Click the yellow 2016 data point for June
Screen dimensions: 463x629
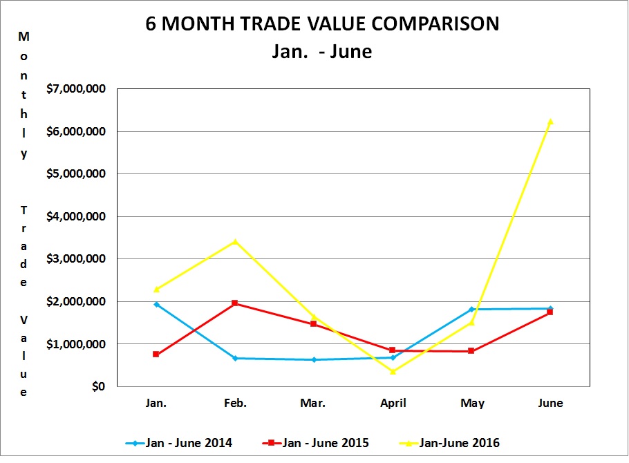pyautogui.click(x=550, y=122)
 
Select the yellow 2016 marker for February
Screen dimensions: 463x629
pyautogui.click(x=235, y=242)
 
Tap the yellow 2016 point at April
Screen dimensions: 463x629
pyautogui.click(x=393, y=371)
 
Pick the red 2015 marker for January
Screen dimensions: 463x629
pyautogui.click(x=156, y=354)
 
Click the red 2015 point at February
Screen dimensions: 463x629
pyautogui.click(x=235, y=303)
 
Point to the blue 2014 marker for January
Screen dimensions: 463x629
pyautogui.click(x=156, y=304)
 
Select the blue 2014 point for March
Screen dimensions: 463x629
pyautogui.click(x=314, y=359)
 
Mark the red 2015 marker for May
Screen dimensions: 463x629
pyautogui.click(x=471, y=351)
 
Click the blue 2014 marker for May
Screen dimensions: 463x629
pyautogui.click(x=471, y=309)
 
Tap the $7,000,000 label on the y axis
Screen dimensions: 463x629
pyautogui.click(x=76, y=88)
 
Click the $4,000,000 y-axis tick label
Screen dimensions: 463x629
pyautogui.click(x=76, y=216)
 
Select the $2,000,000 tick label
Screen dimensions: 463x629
pyautogui.click(x=76, y=301)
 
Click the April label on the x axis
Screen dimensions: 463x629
pyautogui.click(x=393, y=403)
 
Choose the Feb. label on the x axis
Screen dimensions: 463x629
pyautogui.click(x=235, y=403)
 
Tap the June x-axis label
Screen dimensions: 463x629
pyautogui.click(x=550, y=403)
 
